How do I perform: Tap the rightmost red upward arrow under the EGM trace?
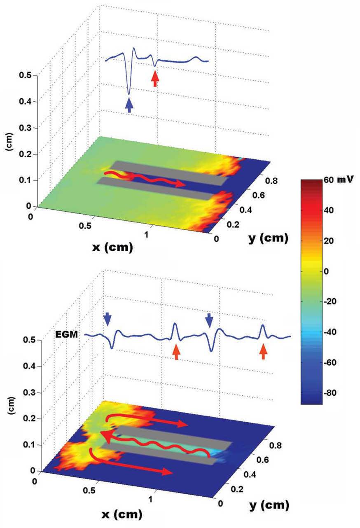[263, 352]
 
